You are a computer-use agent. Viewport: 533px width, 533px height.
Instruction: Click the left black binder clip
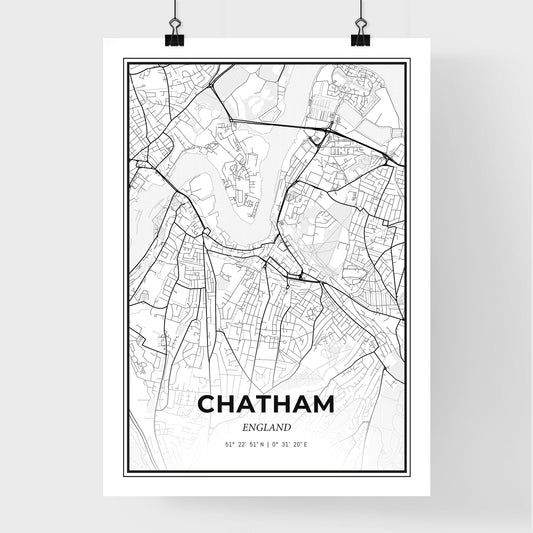[174, 37]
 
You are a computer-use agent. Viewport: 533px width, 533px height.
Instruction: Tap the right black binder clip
[359, 37]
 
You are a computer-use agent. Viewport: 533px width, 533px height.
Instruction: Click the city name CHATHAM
[266, 406]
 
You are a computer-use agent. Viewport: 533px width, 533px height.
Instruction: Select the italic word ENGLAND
[266, 427]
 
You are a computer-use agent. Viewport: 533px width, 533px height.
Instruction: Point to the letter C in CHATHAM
[208, 406]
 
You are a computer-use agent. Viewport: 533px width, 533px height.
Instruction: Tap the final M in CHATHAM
[323, 406]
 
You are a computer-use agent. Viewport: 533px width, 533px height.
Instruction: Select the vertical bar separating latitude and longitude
[266, 444]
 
